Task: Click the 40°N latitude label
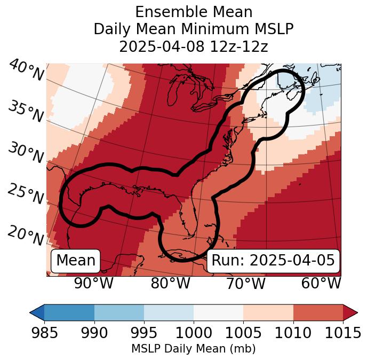(x=26, y=71)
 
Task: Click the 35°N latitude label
(x=25, y=111)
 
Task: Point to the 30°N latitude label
(x=25, y=153)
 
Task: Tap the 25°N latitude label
(x=25, y=194)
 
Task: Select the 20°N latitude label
(x=25, y=234)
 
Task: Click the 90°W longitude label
(x=94, y=284)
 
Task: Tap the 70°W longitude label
(x=245, y=284)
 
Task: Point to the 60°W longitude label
(x=321, y=284)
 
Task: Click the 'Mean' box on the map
(x=76, y=261)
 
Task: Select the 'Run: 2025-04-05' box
(x=273, y=261)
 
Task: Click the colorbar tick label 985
(x=44, y=333)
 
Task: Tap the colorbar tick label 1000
(x=194, y=333)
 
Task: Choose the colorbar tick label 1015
(x=343, y=333)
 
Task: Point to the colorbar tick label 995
(x=144, y=333)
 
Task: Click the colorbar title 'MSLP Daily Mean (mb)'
(x=194, y=349)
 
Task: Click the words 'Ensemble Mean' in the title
(x=194, y=12)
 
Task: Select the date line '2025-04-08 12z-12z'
(x=194, y=46)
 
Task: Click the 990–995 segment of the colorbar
(x=119, y=312)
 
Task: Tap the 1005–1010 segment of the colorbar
(x=268, y=312)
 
